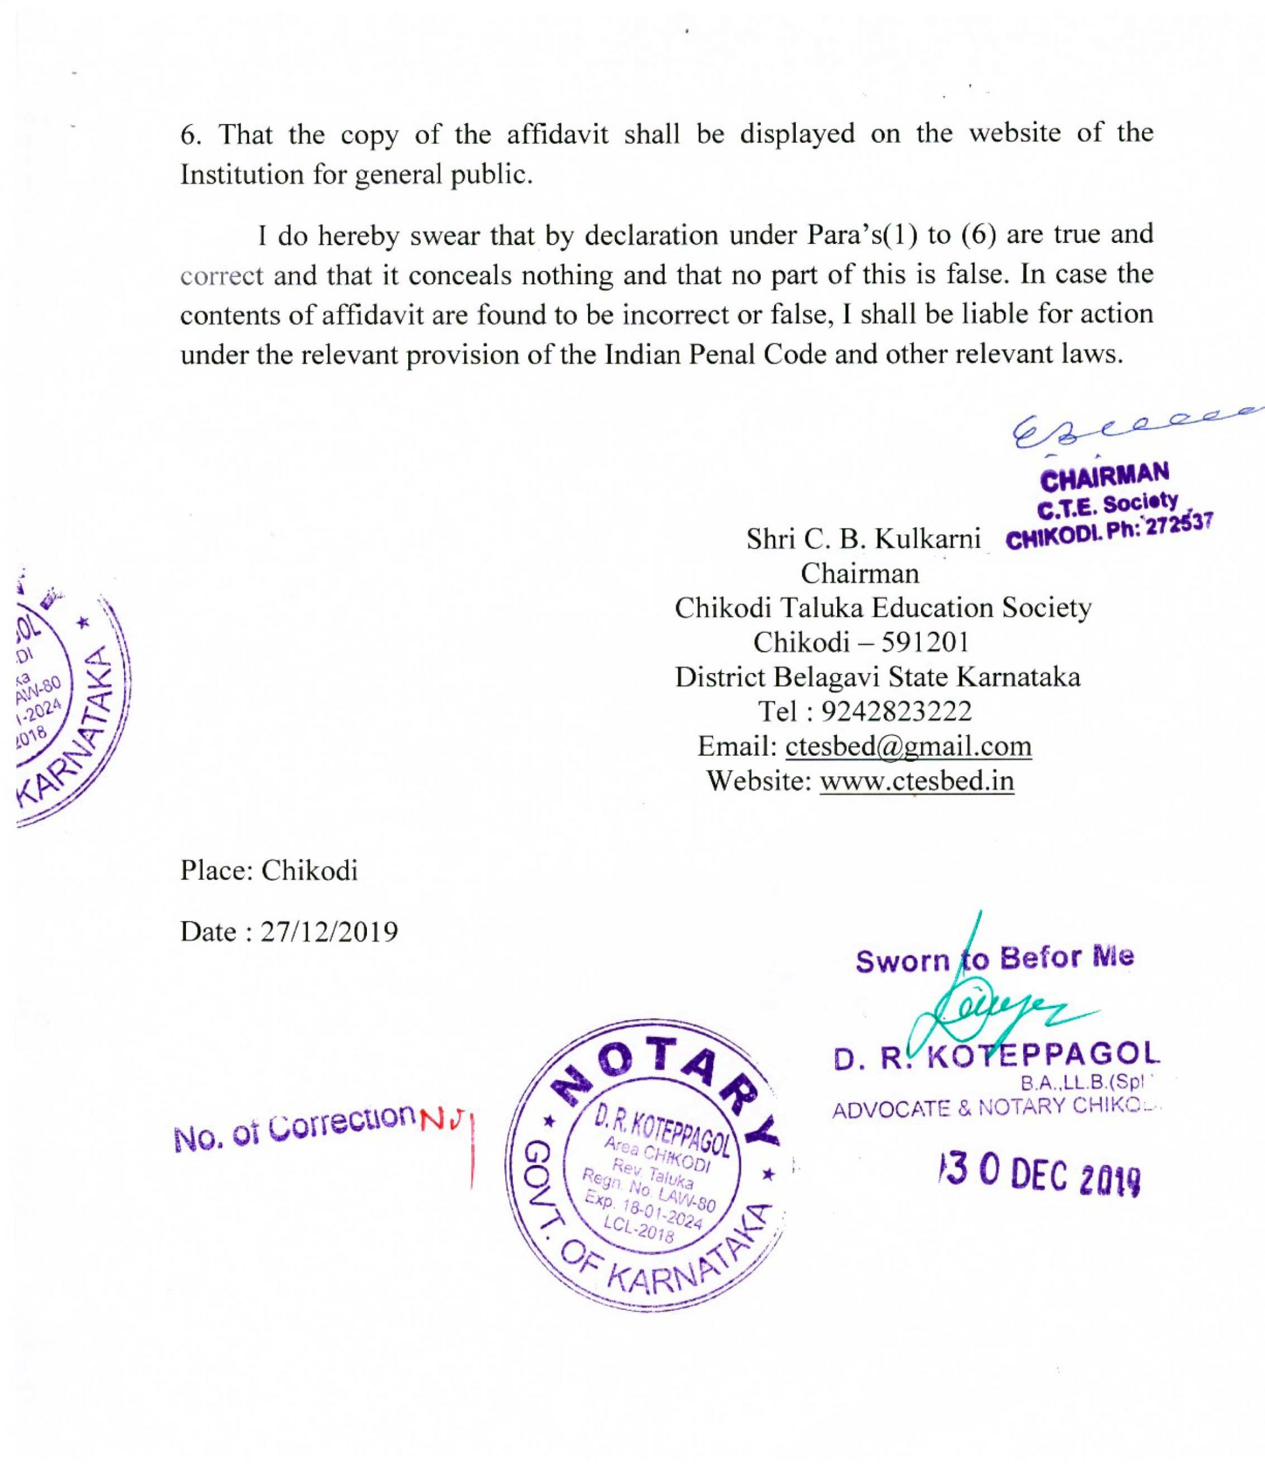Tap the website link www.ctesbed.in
(916, 781)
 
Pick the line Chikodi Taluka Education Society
(883, 608)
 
